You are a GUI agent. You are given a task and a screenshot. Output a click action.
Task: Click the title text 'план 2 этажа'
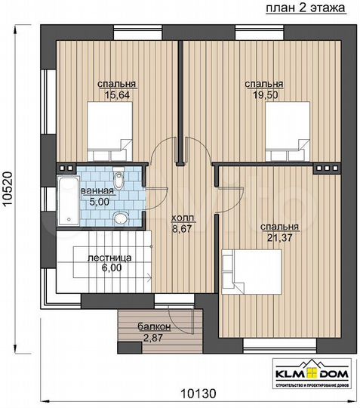click(x=305, y=8)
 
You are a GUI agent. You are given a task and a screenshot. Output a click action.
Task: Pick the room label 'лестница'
click(x=109, y=258)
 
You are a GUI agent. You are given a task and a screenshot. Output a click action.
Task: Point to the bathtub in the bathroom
click(x=67, y=202)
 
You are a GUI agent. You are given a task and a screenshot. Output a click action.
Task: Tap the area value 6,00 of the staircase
click(x=109, y=268)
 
